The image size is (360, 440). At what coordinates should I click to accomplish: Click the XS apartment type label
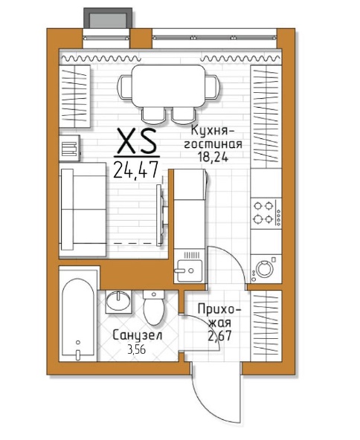[137, 141]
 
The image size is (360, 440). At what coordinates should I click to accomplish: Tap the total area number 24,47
[136, 169]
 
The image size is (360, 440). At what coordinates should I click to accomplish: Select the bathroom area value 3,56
[136, 349]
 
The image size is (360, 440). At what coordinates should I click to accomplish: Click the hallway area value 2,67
[219, 335]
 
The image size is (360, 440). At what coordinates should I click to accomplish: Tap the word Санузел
[138, 335]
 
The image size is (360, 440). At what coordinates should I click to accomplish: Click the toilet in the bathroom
[154, 307]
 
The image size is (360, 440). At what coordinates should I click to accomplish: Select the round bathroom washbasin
[118, 301]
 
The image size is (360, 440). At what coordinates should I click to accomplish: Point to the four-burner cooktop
[266, 213]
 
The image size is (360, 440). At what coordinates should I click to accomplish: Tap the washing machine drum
[265, 268]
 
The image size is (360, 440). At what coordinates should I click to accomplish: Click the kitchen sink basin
[188, 271]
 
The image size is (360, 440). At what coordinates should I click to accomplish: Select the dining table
[169, 86]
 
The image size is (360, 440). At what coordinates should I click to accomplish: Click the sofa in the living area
[83, 210]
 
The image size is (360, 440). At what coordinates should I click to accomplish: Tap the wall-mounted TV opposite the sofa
[160, 215]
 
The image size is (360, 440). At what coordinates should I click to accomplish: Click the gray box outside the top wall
[108, 18]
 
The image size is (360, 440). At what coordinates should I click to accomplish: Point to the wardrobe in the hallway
[266, 326]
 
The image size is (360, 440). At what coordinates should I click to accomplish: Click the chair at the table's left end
[124, 87]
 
